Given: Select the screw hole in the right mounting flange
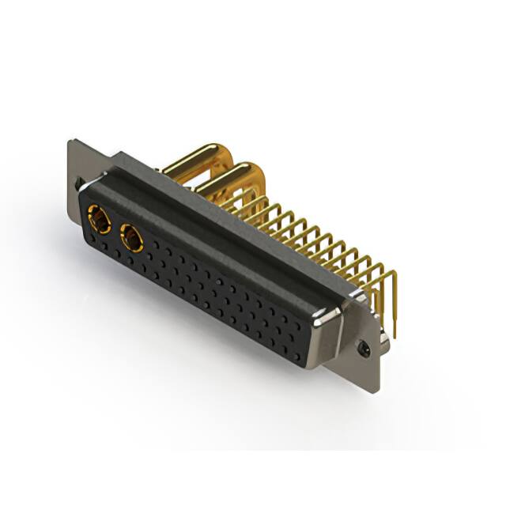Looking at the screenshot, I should coord(364,346).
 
